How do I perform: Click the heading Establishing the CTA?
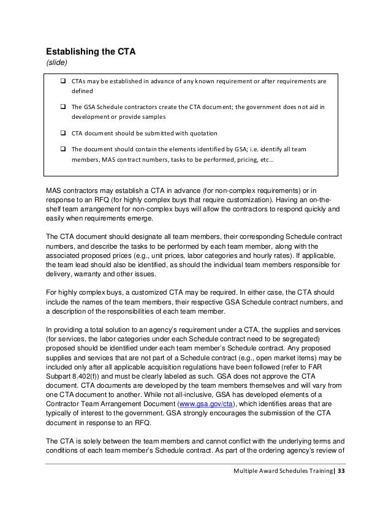coord(91,51)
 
